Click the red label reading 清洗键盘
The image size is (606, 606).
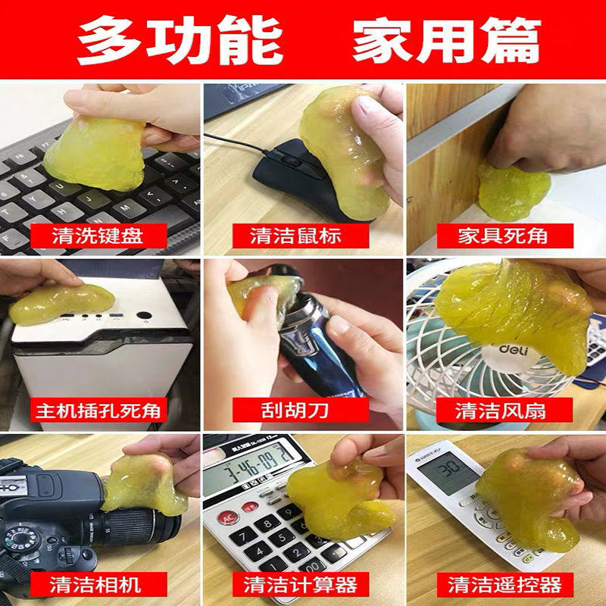click(98, 236)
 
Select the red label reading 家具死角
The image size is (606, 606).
click(502, 236)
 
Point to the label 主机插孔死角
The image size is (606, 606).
click(98, 411)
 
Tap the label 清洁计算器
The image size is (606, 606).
click(301, 584)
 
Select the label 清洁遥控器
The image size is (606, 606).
click(504, 584)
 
